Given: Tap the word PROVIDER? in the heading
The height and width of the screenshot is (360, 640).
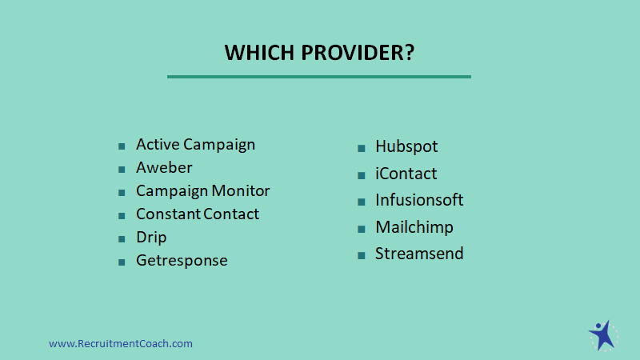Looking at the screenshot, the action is click(358, 53).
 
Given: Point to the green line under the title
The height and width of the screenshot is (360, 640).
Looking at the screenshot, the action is click(319, 76).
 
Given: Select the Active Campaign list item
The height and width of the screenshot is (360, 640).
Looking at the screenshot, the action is click(195, 145).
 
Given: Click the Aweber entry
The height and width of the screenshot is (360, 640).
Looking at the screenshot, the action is click(164, 168).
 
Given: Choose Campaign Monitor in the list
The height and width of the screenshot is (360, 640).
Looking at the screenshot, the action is click(203, 191).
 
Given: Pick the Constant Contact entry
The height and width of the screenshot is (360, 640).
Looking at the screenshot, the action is click(198, 214).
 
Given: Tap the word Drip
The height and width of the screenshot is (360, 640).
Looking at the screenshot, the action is click(151, 238).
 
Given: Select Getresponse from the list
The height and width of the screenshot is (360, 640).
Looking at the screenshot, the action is click(182, 261).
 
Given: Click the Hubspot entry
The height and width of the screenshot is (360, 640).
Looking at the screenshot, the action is click(406, 146).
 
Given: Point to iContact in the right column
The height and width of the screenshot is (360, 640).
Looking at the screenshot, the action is click(406, 174).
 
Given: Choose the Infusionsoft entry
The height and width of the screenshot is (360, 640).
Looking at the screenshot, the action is click(419, 200).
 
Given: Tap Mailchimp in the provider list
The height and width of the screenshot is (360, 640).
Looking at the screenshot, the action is click(414, 227).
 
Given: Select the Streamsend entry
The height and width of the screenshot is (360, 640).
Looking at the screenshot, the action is click(419, 254).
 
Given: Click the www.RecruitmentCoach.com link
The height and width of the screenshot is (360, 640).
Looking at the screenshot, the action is click(121, 344).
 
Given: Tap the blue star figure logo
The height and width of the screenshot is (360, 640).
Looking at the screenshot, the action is click(603, 335).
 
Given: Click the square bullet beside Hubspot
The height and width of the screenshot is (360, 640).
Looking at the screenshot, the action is click(362, 148).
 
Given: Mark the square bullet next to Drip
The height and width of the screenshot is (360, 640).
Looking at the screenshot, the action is click(122, 239).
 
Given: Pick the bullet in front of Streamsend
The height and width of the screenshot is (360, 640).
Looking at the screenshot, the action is click(362, 256).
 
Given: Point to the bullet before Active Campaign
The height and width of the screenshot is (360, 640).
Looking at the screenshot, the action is click(122, 146).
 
